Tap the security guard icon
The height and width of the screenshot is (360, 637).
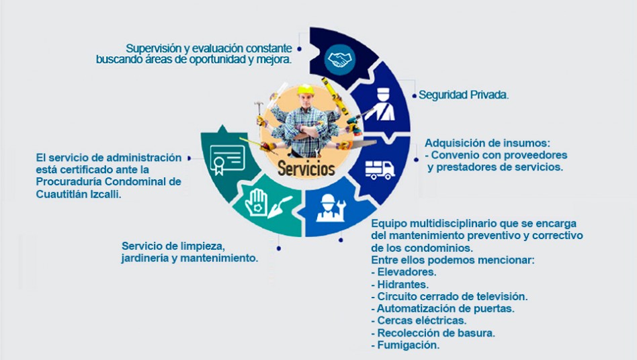coord(380,104)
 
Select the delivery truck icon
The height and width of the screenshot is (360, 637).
coord(380,170)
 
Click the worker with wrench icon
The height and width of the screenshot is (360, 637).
coord(331,208)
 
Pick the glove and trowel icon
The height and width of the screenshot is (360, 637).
coord(267,203)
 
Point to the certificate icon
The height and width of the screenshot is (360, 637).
coord(227,159)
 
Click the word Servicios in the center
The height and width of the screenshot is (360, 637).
coord(306,169)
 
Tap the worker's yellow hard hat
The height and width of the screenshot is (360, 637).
coord(306,90)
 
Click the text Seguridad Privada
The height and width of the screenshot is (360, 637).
coord(464,95)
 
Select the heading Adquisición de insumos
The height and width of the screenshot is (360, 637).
coord(488,143)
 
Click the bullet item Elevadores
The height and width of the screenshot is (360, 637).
coord(403,272)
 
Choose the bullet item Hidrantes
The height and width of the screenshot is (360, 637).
coord(400,284)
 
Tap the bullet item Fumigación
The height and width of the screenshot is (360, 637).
coord(405,345)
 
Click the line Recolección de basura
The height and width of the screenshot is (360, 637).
coord(433,333)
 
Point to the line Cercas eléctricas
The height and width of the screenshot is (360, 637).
coord(419,320)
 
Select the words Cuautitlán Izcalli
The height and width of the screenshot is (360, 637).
coord(79,194)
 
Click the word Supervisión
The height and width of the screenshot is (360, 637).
coord(154,48)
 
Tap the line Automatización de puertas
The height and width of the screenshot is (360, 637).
coord(443,308)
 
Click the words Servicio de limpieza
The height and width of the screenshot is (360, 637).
coord(173,246)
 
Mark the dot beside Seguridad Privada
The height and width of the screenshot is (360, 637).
coord(414,96)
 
